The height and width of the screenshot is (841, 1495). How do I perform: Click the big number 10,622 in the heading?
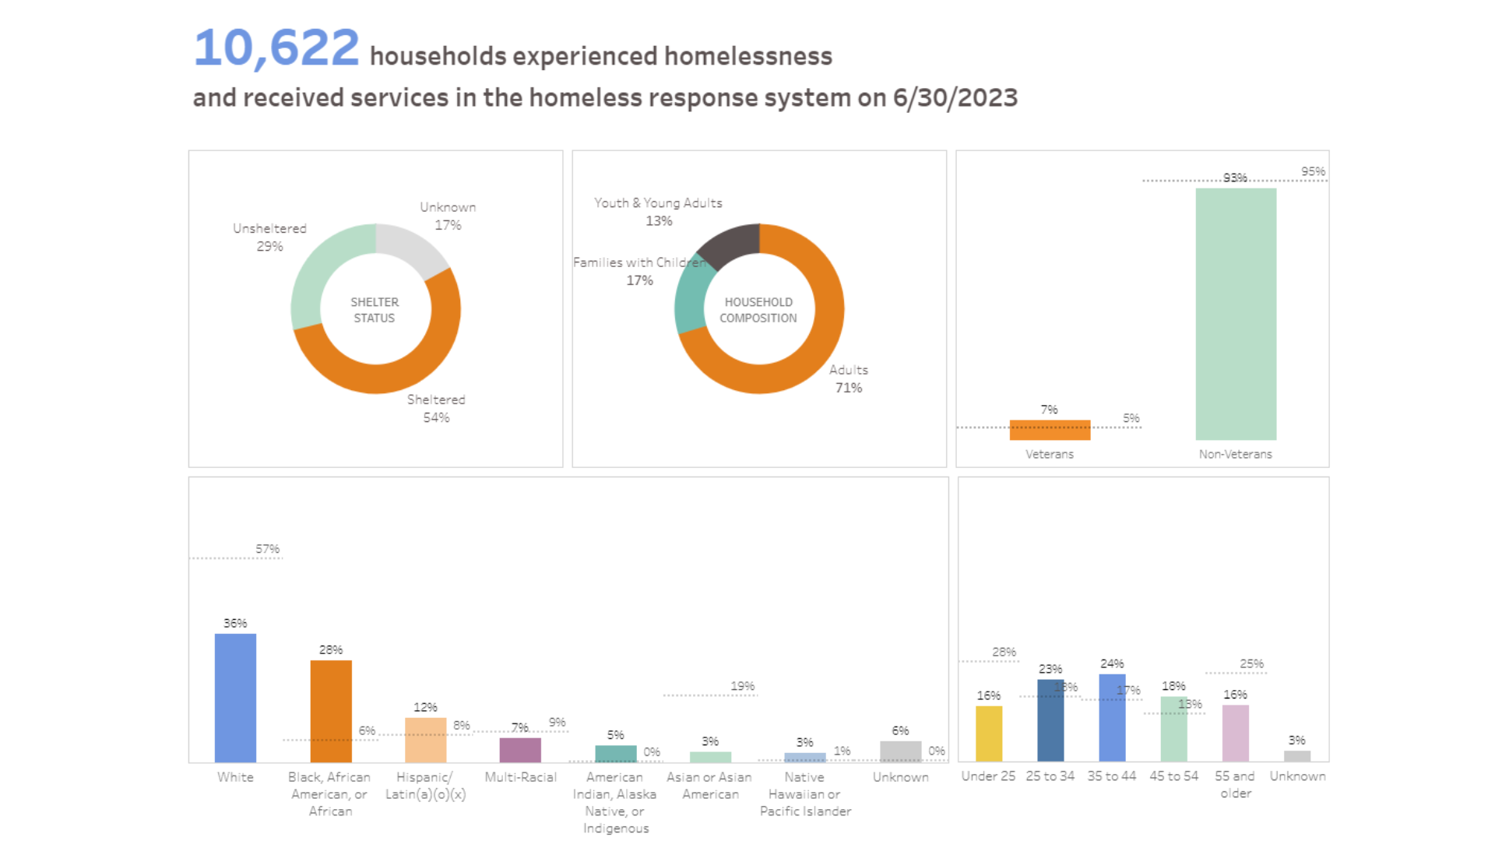pyautogui.click(x=276, y=48)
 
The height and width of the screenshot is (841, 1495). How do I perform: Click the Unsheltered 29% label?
pyautogui.click(x=269, y=237)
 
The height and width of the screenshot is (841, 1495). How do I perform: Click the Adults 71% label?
pyautogui.click(x=848, y=378)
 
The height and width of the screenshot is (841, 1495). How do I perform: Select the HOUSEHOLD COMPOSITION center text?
pyautogui.click(x=758, y=310)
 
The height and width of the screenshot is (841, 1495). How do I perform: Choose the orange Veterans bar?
pyautogui.click(x=1050, y=430)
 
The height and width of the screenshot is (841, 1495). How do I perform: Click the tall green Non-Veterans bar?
pyautogui.click(x=1236, y=314)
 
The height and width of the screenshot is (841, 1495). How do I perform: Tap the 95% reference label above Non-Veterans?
pyautogui.click(x=1313, y=171)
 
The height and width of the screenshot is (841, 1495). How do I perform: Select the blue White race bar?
pyautogui.click(x=235, y=698)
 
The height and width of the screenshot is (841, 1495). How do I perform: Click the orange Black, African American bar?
pyautogui.click(x=331, y=711)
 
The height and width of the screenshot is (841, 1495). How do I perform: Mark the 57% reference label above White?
pyautogui.click(x=267, y=549)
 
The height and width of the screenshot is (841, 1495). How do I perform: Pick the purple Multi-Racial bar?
pyautogui.click(x=520, y=750)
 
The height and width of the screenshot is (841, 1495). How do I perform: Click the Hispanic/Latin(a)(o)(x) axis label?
pyautogui.click(x=425, y=786)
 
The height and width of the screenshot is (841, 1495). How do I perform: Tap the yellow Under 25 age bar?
pyautogui.click(x=989, y=733)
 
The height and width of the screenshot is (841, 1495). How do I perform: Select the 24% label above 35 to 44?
pyautogui.click(x=1112, y=663)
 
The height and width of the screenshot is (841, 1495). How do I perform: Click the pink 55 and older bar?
pyautogui.click(x=1236, y=733)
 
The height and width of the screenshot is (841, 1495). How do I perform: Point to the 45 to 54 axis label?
pyautogui.click(x=1173, y=776)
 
